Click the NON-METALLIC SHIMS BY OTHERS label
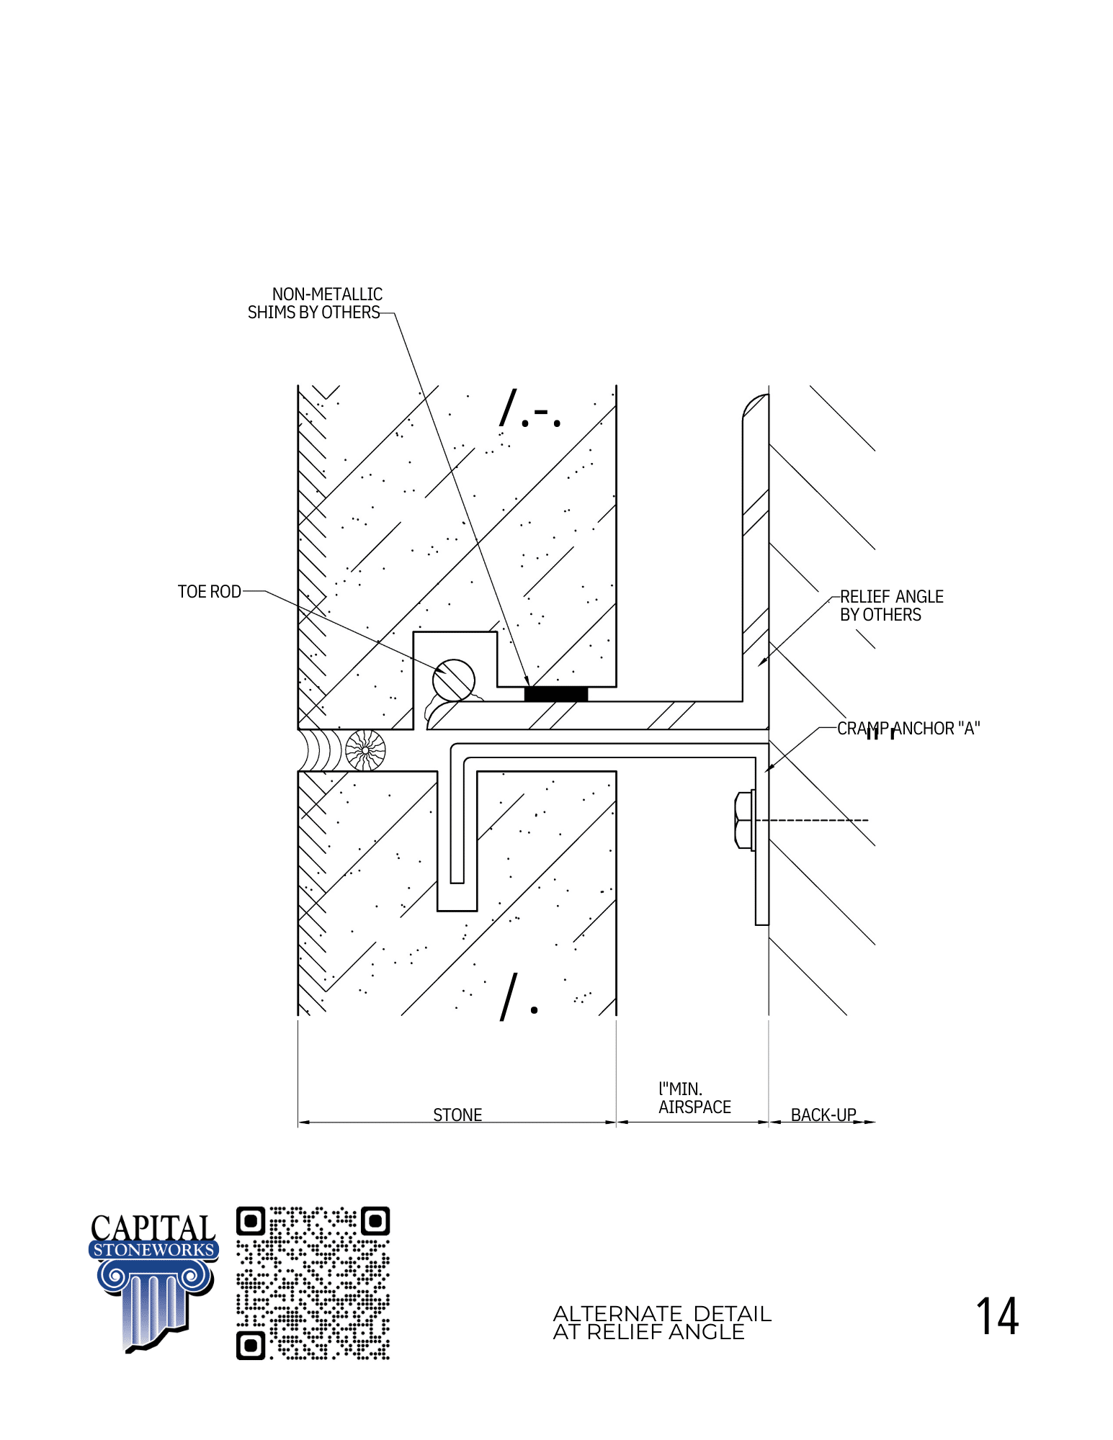[x=315, y=303]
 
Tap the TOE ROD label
[x=209, y=592]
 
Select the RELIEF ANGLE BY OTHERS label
[x=891, y=606]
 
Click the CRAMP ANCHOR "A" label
[x=908, y=729]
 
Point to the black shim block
[x=556, y=694]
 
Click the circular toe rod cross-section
[x=454, y=680]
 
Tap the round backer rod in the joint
[x=365, y=750]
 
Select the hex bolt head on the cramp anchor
[x=743, y=820]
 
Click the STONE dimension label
[x=457, y=1115]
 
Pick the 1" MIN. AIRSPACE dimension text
[x=694, y=1098]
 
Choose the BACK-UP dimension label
[x=823, y=1115]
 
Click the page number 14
[x=997, y=1316]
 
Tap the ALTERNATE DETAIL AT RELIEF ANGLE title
[x=662, y=1323]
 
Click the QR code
[x=313, y=1283]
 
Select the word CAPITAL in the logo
[x=153, y=1228]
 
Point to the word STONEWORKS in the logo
[x=154, y=1250]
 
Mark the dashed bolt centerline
[x=811, y=820]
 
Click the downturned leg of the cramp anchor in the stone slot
[x=457, y=819]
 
